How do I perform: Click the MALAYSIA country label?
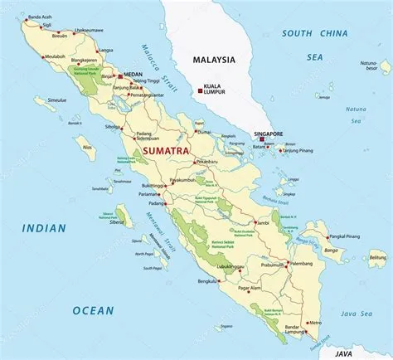(214, 60)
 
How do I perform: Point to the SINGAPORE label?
(268, 134)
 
